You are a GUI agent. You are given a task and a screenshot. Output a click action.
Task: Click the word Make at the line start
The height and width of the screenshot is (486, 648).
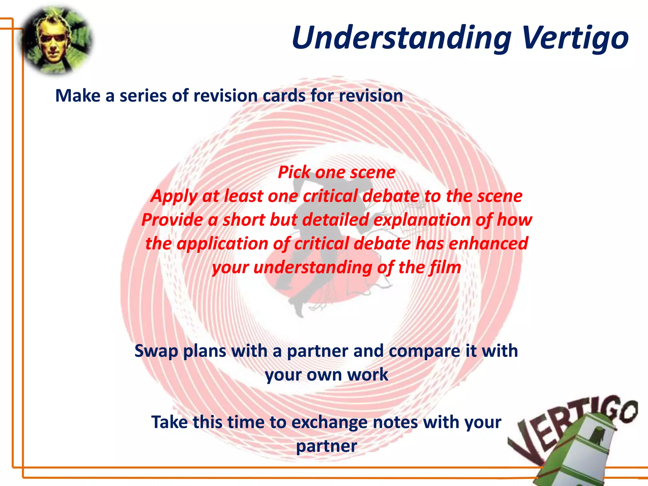point(78,96)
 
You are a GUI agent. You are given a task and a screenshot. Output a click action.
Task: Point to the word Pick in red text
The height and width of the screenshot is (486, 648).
point(294,172)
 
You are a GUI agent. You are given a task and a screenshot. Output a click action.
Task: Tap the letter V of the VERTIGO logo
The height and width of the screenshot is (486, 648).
point(522,443)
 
